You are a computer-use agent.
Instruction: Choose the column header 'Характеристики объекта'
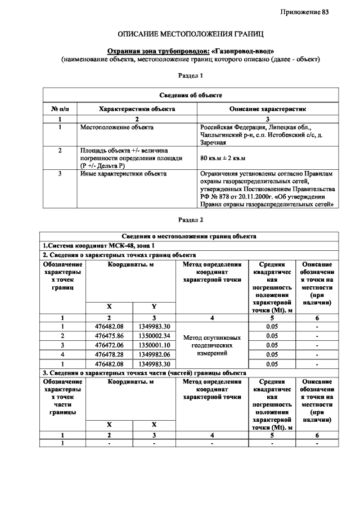[x=136, y=108]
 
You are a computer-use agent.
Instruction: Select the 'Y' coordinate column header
[x=154, y=307]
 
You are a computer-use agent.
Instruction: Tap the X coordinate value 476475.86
[x=109, y=336]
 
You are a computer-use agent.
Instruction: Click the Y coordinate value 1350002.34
[x=154, y=336]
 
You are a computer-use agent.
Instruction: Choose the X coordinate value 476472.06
[x=109, y=345]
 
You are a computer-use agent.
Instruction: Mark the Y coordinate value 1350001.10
[x=154, y=345]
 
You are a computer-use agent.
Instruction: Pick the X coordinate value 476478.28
[x=109, y=354]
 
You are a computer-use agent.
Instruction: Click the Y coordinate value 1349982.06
[x=154, y=354]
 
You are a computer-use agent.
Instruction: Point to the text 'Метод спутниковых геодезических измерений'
[x=212, y=345]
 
